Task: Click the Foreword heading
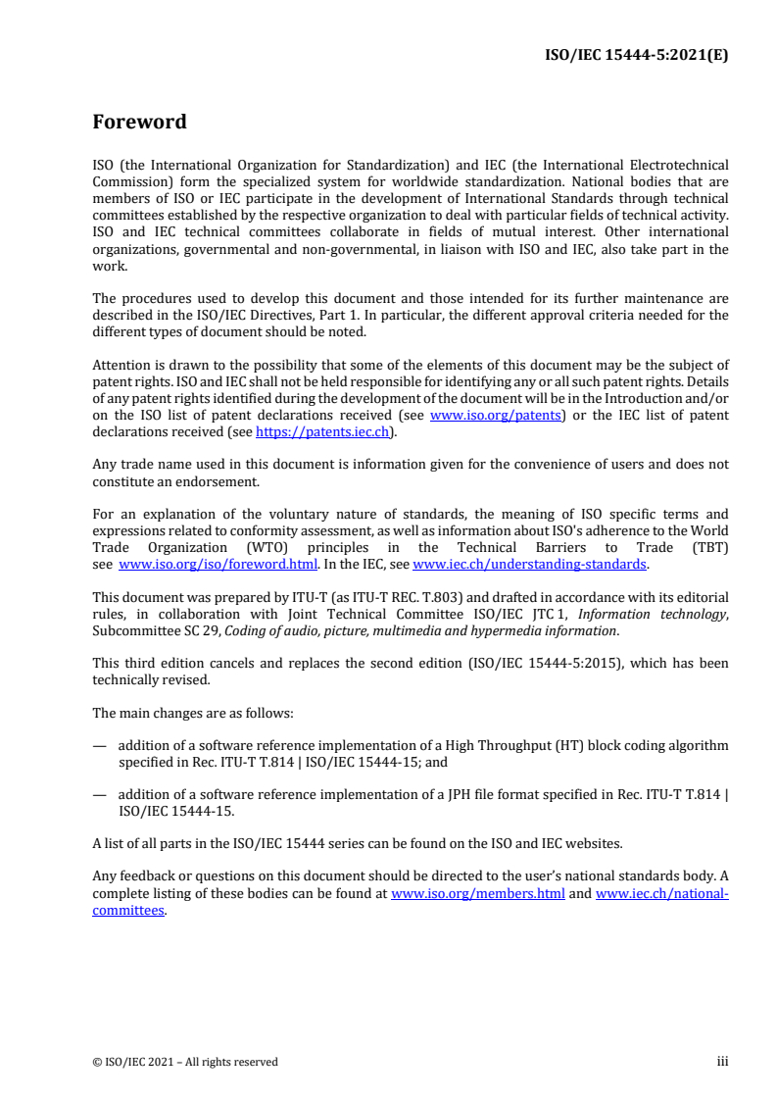tap(139, 123)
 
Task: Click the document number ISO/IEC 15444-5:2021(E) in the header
tap(636, 55)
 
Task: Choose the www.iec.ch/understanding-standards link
tap(529, 564)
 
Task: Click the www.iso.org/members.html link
tap(477, 893)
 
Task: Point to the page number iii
tap(722, 1061)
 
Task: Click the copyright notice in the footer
tap(185, 1061)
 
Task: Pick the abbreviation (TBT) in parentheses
tap(705, 548)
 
